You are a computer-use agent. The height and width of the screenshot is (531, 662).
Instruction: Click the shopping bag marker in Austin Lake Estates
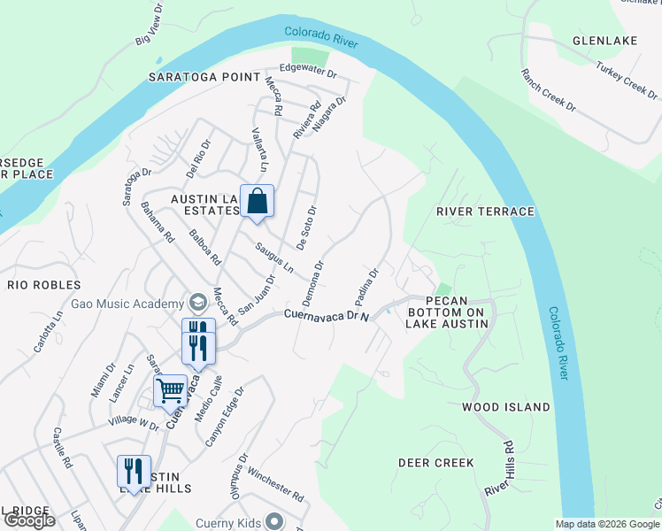[x=257, y=201]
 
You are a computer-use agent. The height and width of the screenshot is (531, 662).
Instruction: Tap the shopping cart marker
[x=170, y=389]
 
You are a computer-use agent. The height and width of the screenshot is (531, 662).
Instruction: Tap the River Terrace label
[x=485, y=212]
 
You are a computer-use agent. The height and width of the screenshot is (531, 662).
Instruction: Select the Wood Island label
[x=505, y=407]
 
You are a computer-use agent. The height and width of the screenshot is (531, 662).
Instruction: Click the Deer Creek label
[x=435, y=463]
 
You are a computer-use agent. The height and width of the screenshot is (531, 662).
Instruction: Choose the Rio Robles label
[x=44, y=285]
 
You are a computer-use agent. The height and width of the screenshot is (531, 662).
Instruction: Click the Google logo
[x=28, y=520]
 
